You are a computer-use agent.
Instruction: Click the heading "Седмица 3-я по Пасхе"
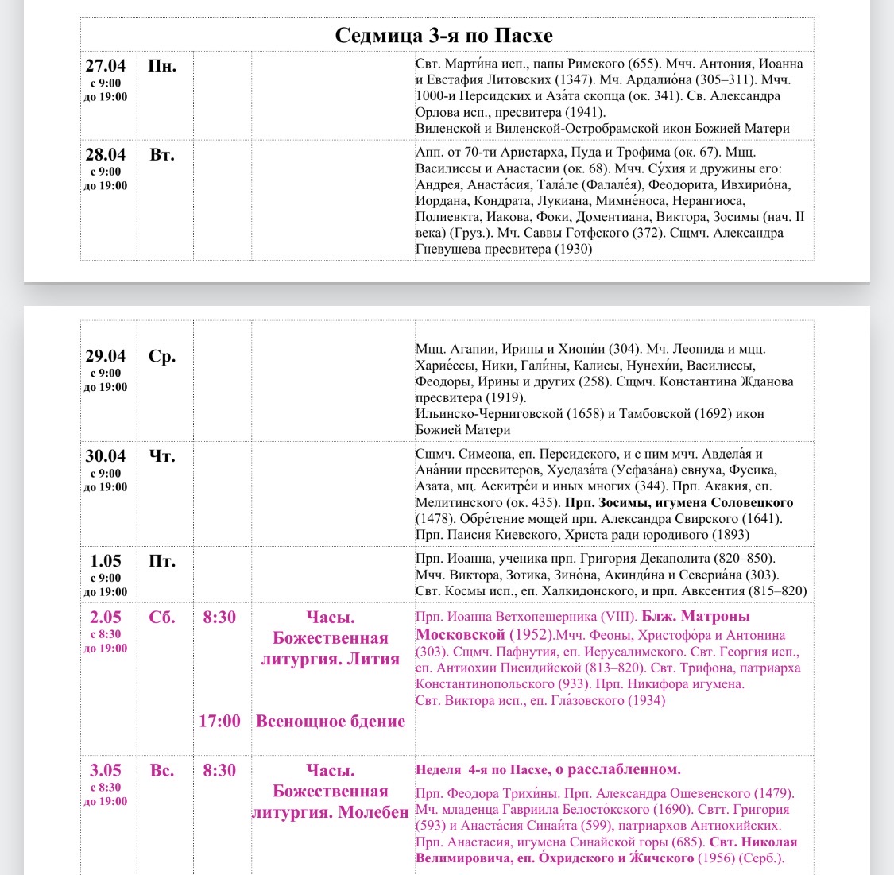443,36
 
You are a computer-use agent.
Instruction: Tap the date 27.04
106,66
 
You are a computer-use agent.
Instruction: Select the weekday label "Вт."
162,155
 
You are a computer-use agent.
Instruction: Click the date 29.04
106,356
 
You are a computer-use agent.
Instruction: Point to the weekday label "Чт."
162,456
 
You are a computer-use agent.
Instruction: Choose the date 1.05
106,561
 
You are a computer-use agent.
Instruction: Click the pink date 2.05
106,618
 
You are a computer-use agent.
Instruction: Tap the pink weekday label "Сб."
162,618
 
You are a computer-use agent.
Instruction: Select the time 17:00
219,722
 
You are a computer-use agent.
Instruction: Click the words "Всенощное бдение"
331,722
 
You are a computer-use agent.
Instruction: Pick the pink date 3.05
106,770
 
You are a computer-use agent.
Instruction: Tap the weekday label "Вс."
162,770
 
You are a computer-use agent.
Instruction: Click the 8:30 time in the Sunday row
219,770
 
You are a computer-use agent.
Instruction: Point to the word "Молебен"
373,813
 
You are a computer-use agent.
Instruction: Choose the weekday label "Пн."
162,66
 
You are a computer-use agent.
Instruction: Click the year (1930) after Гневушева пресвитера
573,250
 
